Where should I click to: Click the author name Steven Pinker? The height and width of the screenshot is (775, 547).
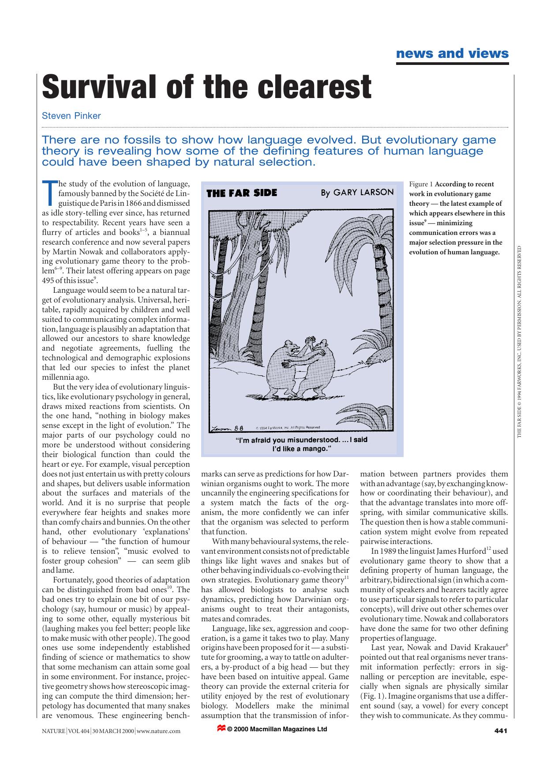[71, 116]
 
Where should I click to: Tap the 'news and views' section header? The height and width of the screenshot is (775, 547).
[452, 54]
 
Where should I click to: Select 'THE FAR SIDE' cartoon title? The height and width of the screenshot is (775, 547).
[241, 193]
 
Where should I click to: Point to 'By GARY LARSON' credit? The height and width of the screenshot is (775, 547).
[357, 192]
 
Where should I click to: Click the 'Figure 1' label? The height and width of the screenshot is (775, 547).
[421, 184]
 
